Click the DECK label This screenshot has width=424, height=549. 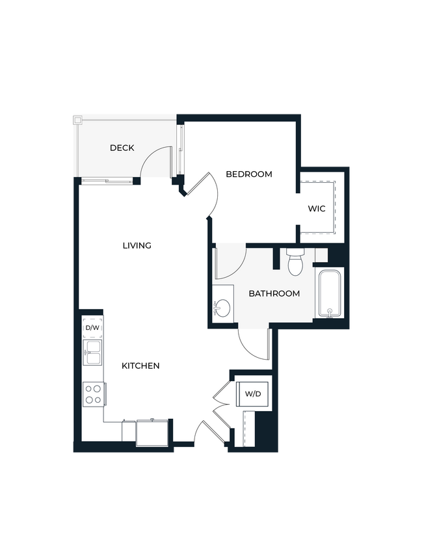[122, 148]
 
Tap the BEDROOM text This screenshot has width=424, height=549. [248, 174]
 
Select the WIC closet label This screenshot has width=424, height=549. [317, 209]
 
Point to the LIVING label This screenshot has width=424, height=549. [137, 245]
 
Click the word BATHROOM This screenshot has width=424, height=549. [274, 293]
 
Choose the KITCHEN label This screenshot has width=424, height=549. [140, 366]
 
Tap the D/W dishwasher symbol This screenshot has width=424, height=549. [92, 328]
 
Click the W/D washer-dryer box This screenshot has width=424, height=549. [253, 394]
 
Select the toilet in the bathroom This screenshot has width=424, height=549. [296, 261]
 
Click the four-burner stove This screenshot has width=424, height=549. [93, 394]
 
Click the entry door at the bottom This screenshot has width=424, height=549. [209, 434]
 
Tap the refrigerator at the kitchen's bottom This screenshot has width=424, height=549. [152, 433]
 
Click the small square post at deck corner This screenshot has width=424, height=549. [77, 120]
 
